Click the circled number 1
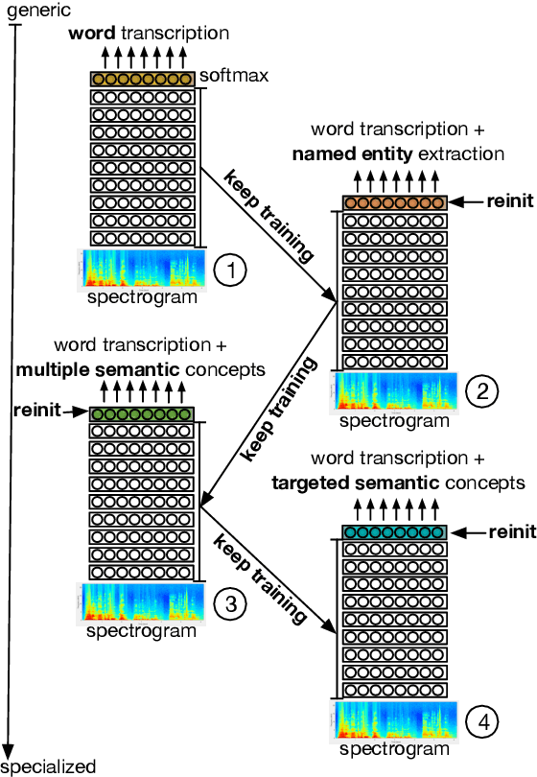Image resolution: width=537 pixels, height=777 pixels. point(230,271)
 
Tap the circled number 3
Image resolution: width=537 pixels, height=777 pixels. point(230,602)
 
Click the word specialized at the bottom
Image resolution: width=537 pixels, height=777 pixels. point(49,766)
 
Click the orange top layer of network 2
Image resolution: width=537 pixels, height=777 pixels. point(395,202)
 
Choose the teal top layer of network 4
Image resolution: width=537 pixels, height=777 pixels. point(395,531)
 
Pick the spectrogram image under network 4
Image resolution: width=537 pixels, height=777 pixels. point(395,721)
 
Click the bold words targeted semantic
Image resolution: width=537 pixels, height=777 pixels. point(334,483)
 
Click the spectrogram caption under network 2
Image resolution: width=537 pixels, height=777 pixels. point(394,420)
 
